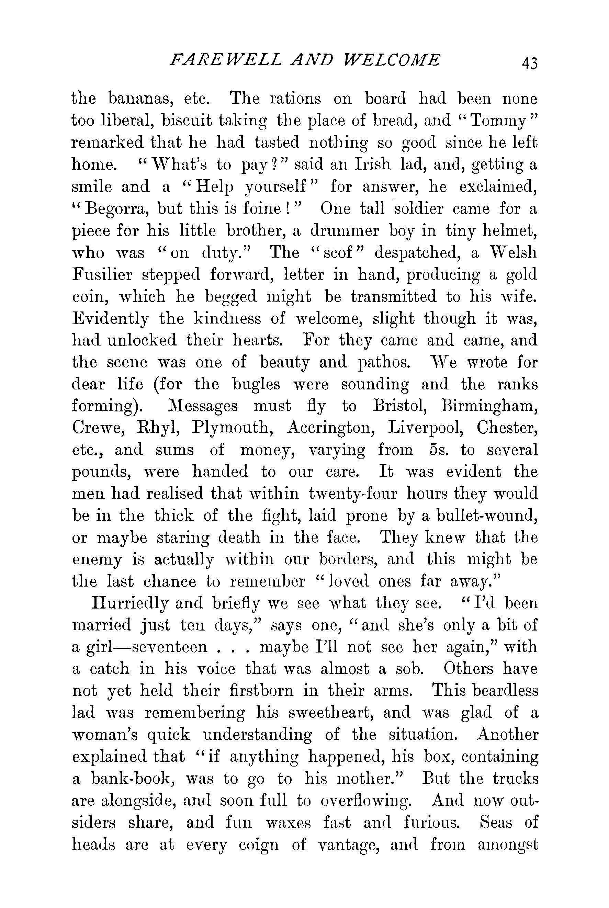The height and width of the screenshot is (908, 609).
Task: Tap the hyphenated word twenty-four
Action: (353, 494)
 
